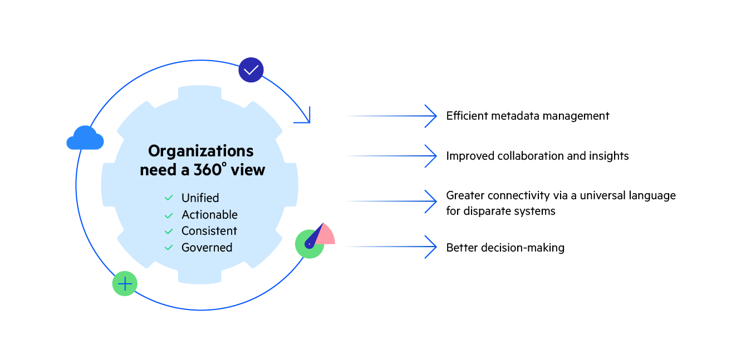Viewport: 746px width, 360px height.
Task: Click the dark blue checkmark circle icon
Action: click(x=251, y=70)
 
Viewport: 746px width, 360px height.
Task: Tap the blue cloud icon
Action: click(x=85, y=138)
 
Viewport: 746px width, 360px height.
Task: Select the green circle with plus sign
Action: click(x=125, y=284)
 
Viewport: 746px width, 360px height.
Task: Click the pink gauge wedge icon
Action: click(x=326, y=235)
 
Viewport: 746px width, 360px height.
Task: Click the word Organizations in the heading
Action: click(x=200, y=151)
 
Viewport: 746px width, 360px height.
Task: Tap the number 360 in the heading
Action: click(x=208, y=170)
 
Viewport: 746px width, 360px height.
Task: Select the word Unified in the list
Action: click(x=200, y=198)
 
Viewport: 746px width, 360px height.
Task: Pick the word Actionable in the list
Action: click(x=209, y=215)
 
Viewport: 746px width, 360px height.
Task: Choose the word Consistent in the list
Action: click(x=209, y=231)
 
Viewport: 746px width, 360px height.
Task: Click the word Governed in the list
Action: click(x=207, y=248)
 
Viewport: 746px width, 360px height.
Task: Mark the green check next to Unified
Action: click(x=168, y=198)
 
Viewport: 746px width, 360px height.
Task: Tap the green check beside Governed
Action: click(x=168, y=248)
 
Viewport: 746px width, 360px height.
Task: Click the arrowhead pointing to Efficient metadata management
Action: click(x=431, y=116)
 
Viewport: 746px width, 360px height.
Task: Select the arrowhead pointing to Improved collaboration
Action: click(x=431, y=156)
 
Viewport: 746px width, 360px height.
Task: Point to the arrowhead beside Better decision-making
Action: click(x=431, y=247)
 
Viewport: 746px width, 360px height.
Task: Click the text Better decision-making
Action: click(x=505, y=248)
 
